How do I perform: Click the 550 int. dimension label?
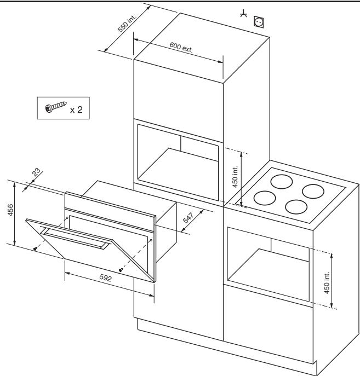(x=127, y=23)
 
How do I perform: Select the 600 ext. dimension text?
(x=181, y=47)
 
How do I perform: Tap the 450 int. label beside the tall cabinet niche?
(x=235, y=177)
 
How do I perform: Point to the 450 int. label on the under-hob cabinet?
(x=327, y=282)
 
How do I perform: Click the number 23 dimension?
(x=36, y=172)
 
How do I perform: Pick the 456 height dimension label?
(x=10, y=210)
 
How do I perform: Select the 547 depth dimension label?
(x=188, y=218)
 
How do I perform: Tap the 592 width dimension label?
(x=106, y=277)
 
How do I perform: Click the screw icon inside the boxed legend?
(x=56, y=107)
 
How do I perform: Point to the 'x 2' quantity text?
(x=76, y=110)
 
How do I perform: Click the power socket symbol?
(x=259, y=22)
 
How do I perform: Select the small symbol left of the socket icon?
(x=244, y=14)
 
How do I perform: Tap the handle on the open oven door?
(x=76, y=239)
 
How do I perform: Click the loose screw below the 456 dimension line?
(x=35, y=249)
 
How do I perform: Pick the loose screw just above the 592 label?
(x=121, y=270)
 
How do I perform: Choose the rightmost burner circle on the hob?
(x=313, y=192)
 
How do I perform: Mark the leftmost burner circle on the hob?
(x=265, y=198)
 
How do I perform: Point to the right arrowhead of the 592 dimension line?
(x=151, y=294)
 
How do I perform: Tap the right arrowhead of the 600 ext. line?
(x=220, y=62)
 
